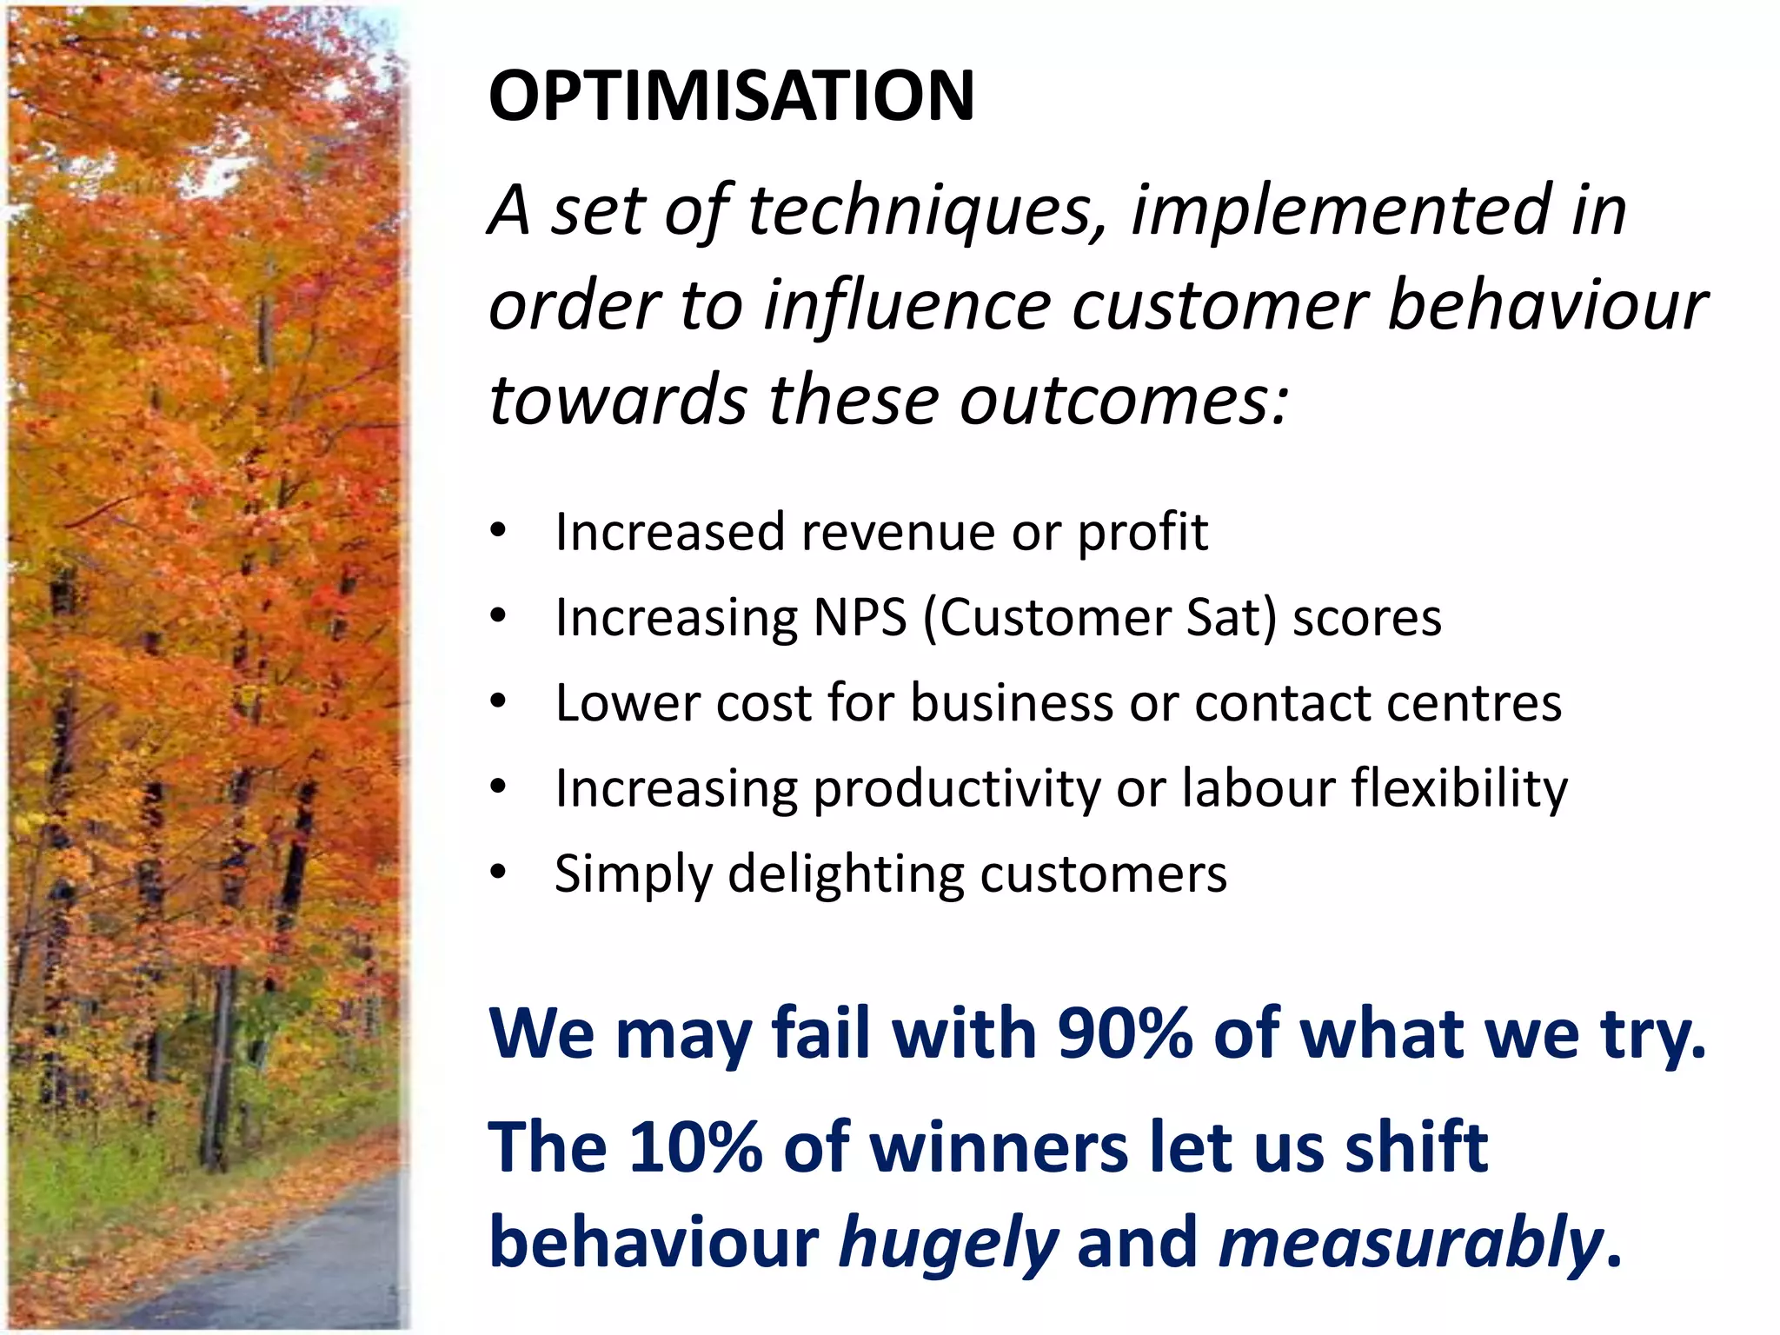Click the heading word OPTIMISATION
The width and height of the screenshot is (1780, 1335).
pos(731,96)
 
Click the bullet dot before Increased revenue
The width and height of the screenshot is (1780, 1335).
pos(497,531)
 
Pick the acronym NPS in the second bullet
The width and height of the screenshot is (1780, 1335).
pos(860,618)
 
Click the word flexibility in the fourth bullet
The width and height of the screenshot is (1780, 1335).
pos(1459,788)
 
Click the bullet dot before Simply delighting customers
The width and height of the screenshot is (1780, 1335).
pos(497,873)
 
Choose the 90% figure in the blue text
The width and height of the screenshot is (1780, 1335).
pos(1125,1033)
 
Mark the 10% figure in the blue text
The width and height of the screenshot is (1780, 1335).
pos(695,1147)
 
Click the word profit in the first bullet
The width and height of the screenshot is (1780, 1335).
pos(1142,532)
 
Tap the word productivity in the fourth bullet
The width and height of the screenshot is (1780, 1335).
pos(956,789)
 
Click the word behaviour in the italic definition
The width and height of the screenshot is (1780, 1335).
pos(1547,306)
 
